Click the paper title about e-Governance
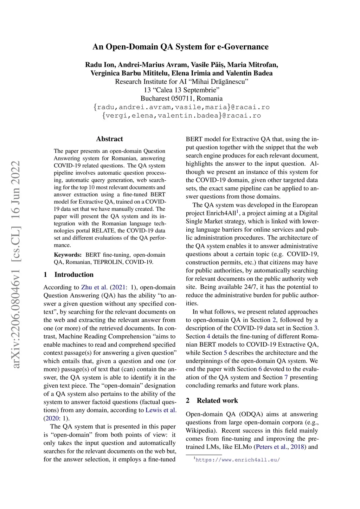pyautogui.click(x=180, y=47)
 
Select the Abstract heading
pyautogui.click(x=109, y=139)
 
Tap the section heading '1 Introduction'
pyautogui.click(x=69, y=275)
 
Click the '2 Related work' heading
pyautogui.click(x=212, y=400)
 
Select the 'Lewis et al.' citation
pyautogui.click(x=161, y=410)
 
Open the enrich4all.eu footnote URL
pyautogui.click(x=238, y=459)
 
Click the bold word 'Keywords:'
pyautogui.click(x=67, y=254)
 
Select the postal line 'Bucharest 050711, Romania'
pyautogui.click(x=181, y=98)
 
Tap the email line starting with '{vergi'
pyautogui.click(x=181, y=115)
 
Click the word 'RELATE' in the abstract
pyautogui.click(x=103, y=231)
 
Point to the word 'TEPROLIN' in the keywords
pyautogui.click(x=108, y=262)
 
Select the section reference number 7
pyautogui.click(x=286, y=377)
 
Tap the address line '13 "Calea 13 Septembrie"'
pyautogui.click(x=181, y=90)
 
